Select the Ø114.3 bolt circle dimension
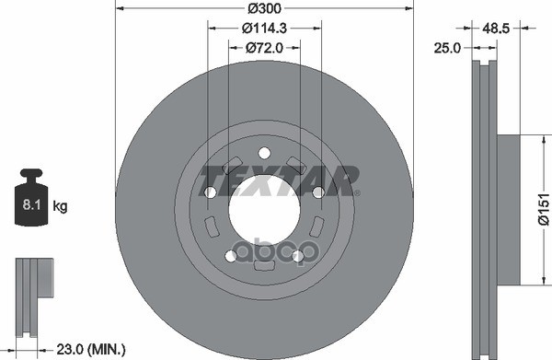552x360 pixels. point(264,29)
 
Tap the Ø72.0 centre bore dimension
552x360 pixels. point(264,48)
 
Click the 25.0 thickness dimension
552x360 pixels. point(448,48)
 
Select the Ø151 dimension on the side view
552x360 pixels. point(543,209)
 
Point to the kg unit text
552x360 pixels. point(60,207)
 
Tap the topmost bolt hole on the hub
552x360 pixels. point(264,153)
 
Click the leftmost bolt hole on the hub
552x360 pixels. point(211,192)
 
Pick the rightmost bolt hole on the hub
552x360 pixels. point(318,192)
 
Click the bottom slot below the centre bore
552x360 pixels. point(264,266)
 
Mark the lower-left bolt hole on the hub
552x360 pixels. point(231,255)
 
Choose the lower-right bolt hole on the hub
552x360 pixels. point(297,255)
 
